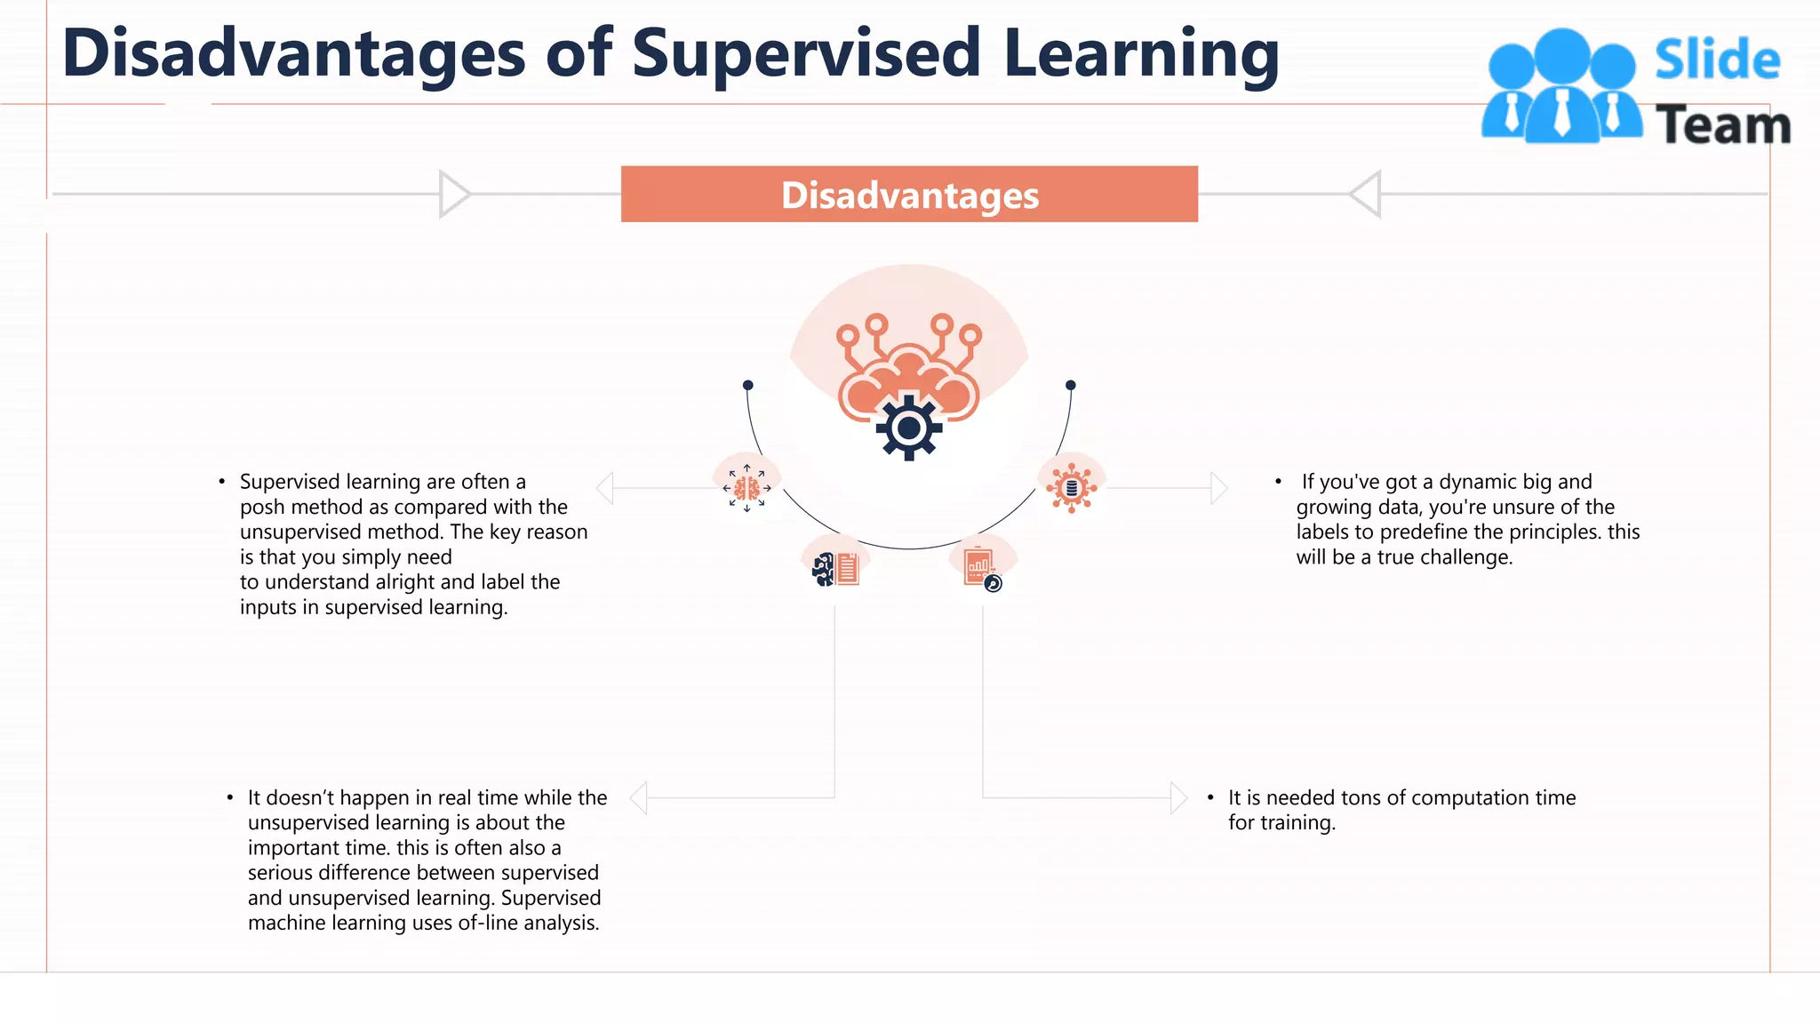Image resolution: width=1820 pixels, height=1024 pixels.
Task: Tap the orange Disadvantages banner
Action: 909,195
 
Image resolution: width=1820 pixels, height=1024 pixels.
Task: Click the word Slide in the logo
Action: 1717,60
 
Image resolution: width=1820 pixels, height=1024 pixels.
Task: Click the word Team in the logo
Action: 1722,124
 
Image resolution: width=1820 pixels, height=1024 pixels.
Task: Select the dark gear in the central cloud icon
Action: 908,428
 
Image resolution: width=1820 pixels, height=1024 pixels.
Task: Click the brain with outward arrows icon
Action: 746,488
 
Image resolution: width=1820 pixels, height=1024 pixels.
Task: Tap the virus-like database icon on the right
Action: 1072,487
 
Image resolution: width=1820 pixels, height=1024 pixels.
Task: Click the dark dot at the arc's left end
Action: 748,385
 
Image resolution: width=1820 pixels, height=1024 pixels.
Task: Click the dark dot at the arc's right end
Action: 1071,385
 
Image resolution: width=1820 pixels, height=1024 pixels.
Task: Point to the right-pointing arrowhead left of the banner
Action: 454,194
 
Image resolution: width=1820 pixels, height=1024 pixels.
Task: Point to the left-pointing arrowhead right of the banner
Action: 1365,194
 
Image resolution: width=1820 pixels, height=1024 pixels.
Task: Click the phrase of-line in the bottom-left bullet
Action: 488,923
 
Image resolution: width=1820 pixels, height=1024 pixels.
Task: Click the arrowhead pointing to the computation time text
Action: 1178,797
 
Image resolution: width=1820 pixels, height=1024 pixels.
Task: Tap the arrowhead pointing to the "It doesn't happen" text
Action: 638,797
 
